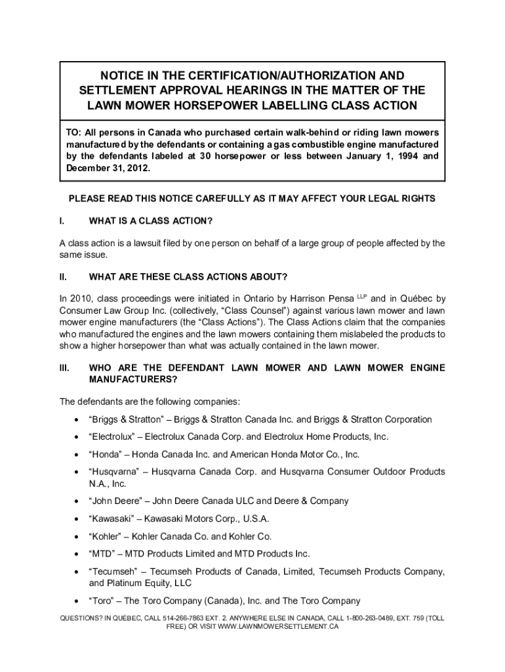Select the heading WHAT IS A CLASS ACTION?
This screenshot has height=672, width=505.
151,219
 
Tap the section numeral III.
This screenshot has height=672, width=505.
65,368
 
